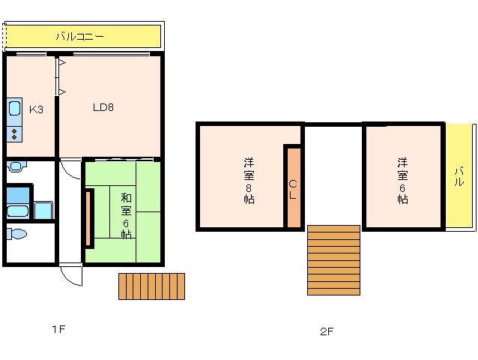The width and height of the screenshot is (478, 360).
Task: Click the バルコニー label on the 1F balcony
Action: click(x=79, y=36)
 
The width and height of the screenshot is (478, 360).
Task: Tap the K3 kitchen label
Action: click(x=36, y=109)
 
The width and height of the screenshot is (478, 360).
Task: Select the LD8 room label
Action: click(x=103, y=107)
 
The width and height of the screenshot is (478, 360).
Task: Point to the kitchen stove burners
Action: click(x=14, y=134)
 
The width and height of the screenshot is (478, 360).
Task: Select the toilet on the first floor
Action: click(x=16, y=234)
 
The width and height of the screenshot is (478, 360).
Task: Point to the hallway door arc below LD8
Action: click(x=69, y=169)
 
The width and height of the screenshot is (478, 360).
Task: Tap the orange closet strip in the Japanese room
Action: click(x=89, y=218)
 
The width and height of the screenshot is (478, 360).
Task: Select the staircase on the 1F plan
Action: click(x=151, y=286)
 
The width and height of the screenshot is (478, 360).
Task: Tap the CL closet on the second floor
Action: click(x=293, y=187)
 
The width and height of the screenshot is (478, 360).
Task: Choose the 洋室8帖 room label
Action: click(x=248, y=181)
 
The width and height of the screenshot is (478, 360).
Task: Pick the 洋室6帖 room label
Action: click(x=402, y=181)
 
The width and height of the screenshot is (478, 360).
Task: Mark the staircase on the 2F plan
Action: click(x=334, y=259)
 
